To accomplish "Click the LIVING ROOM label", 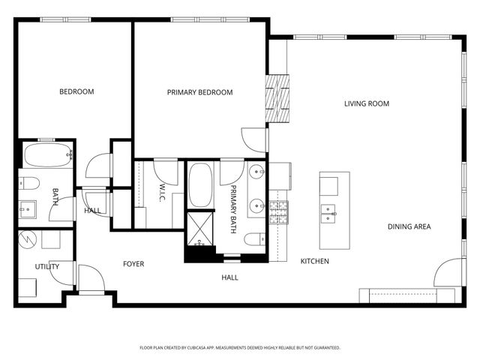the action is pyautogui.click(x=367, y=103).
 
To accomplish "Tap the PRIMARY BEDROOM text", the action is pyautogui.click(x=199, y=92).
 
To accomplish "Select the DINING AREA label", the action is pyautogui.click(x=409, y=226).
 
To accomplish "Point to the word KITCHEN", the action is pyautogui.click(x=315, y=261).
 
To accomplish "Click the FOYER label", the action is pyautogui.click(x=133, y=264).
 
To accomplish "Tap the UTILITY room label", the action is pyautogui.click(x=46, y=267).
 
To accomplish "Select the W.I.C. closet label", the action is pyautogui.click(x=162, y=193).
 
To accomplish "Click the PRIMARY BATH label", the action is pyautogui.click(x=233, y=209).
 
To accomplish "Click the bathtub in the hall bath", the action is pyautogui.click(x=48, y=155).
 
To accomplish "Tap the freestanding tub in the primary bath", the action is pyautogui.click(x=200, y=185).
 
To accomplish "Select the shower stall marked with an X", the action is pyautogui.click(x=200, y=229).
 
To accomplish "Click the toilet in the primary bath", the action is pyautogui.click(x=255, y=239).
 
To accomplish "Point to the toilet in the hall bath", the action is pyautogui.click(x=29, y=183).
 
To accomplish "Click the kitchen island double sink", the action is pyautogui.click(x=328, y=213).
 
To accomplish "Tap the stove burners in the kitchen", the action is pyautogui.click(x=278, y=211).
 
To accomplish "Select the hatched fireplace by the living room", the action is pyautogui.click(x=277, y=98).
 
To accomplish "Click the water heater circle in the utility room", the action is pyautogui.click(x=27, y=239).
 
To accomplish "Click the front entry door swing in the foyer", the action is pyautogui.click(x=91, y=278).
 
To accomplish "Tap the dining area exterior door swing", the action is pyautogui.click(x=449, y=272).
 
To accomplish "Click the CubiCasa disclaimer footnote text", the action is pyautogui.click(x=240, y=348).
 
